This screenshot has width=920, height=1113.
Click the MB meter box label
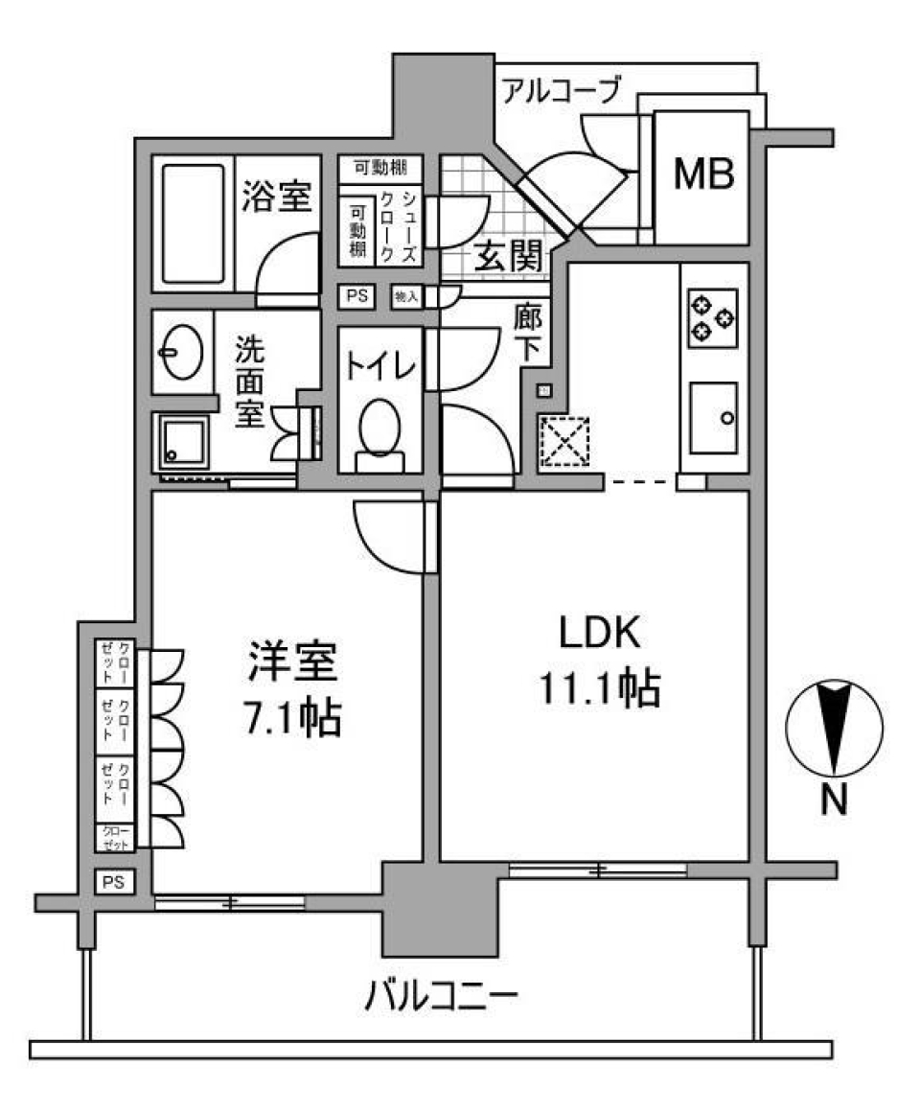click(x=701, y=174)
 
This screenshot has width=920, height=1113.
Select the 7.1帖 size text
click(x=287, y=717)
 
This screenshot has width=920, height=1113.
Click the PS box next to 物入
click(x=357, y=296)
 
